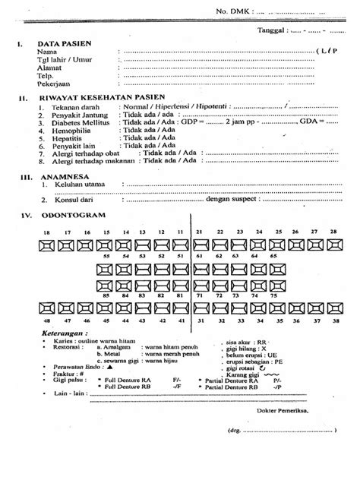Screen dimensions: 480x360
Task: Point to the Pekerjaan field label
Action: point(55,88)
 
